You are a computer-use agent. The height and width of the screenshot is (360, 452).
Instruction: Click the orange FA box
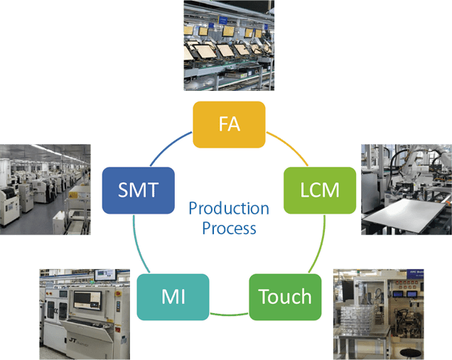point(229,124)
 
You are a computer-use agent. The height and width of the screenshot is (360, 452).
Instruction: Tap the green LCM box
point(320,190)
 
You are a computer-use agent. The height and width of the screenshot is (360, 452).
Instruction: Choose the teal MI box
point(173,295)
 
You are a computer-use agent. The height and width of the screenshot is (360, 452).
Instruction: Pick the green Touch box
point(284,296)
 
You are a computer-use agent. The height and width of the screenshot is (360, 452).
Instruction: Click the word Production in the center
point(229,209)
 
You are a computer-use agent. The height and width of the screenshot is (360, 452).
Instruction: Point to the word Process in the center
point(229,229)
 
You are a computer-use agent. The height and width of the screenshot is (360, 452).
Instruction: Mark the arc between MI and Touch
point(229,312)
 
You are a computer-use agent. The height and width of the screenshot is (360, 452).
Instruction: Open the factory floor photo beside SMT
point(45,185)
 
